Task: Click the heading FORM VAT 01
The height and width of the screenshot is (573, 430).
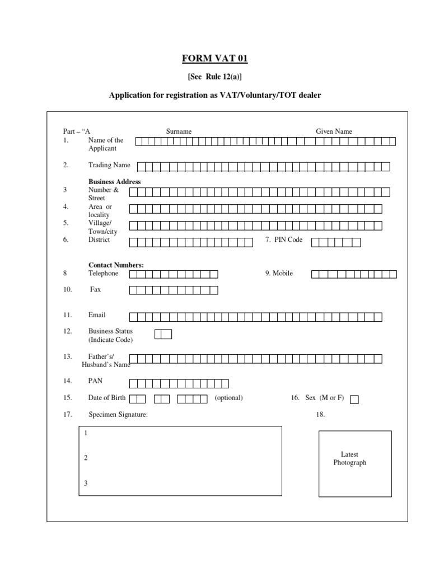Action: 214,59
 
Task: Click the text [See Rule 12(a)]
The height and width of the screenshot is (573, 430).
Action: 214,77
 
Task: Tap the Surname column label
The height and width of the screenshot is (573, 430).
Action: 179,131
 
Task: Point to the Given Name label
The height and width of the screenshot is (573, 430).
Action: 334,131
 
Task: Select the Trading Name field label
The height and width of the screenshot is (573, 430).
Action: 109,165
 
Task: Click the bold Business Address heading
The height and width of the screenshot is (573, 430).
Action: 115,182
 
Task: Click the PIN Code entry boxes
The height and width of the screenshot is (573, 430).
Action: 336,242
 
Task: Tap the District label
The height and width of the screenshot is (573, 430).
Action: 99,240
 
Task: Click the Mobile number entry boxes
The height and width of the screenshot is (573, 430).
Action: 354,274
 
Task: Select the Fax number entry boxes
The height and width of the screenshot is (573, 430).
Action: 174,290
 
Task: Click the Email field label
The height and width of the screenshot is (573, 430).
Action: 97,315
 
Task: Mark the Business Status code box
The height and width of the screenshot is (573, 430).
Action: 163,334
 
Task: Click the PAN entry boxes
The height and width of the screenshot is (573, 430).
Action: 179,383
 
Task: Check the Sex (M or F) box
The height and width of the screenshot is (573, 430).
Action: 354,400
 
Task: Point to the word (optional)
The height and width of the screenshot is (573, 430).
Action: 228,398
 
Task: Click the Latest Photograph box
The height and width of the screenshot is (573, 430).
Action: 355,463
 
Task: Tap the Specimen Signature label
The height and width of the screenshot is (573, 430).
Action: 118,415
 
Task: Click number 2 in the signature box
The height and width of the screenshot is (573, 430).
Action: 86,458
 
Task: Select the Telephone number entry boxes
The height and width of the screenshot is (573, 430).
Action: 174,274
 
